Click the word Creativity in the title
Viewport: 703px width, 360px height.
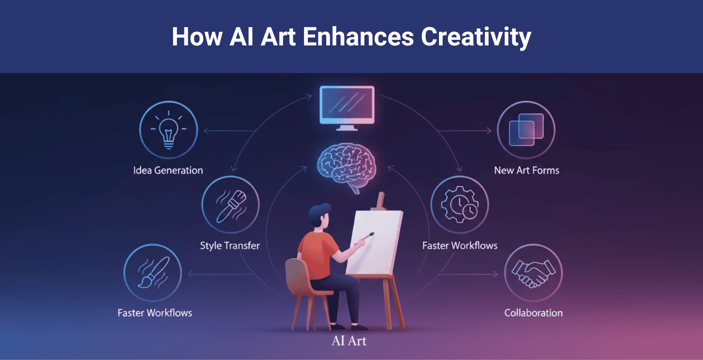point(476,37)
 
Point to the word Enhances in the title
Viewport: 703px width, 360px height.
point(358,37)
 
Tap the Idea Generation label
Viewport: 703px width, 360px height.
point(168,170)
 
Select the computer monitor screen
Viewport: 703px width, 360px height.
point(347,105)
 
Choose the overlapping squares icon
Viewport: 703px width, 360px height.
point(526,129)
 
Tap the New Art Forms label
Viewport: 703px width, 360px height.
point(527,170)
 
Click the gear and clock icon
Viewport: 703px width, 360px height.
point(460,204)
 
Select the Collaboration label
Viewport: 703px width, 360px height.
point(533,312)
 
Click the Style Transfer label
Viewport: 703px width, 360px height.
point(230,246)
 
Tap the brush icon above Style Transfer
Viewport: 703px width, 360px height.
point(231,206)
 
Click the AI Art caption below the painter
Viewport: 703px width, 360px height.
point(349,341)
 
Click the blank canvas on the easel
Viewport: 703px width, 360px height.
point(374,242)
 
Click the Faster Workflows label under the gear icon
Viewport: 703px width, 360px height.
point(460,246)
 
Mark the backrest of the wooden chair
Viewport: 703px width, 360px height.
point(296,276)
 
